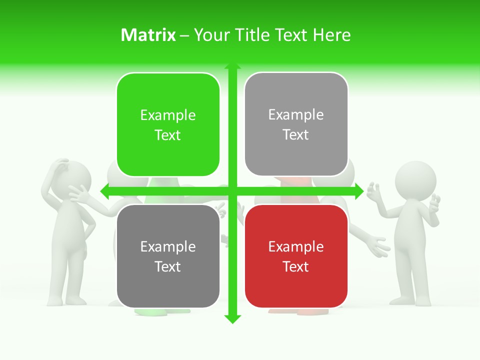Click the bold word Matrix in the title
tap(148, 35)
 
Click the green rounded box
tap(168, 124)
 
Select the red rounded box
tap(296, 256)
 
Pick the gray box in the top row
tap(296, 124)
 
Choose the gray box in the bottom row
tap(168, 256)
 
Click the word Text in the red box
tap(296, 266)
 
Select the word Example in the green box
tap(168, 115)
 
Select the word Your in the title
tap(210, 35)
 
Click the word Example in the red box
tap(296, 246)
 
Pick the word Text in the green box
tap(168, 135)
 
